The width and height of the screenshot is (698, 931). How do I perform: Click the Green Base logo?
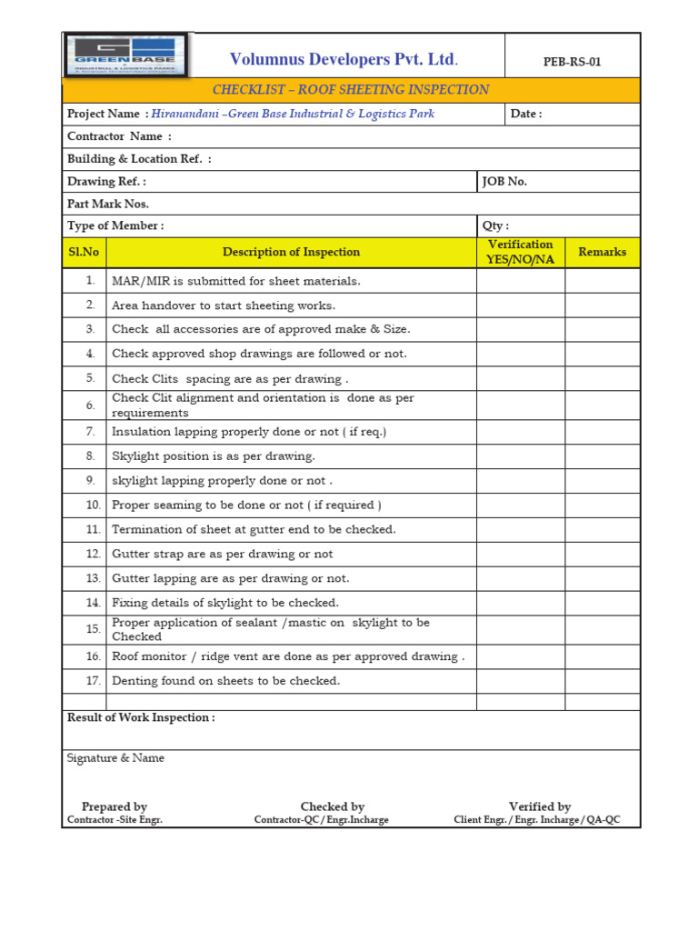(x=125, y=55)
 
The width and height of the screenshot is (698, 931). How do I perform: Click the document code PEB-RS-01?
(x=572, y=62)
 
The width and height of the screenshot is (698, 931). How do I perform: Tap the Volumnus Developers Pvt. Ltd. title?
(x=344, y=60)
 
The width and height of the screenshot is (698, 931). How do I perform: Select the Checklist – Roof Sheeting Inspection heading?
(x=351, y=90)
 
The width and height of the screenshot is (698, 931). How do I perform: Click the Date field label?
(x=526, y=114)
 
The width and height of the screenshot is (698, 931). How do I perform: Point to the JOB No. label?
(x=504, y=181)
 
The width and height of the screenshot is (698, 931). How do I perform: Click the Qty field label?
(x=495, y=225)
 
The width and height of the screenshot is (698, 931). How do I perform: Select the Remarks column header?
(x=602, y=252)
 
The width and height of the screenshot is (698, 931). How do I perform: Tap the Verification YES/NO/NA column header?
(x=520, y=252)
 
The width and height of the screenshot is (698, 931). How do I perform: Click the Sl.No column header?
(x=84, y=252)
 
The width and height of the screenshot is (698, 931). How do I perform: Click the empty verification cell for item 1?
(x=520, y=281)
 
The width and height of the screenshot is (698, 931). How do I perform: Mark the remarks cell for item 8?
(x=602, y=456)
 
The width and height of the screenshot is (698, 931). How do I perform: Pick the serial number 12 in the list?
(x=93, y=554)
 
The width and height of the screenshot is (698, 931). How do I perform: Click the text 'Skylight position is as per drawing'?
(x=214, y=456)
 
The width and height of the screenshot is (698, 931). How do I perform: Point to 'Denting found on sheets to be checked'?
(x=225, y=680)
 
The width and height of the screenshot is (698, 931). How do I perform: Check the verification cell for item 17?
(x=520, y=680)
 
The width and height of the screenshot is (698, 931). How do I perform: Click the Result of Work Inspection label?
(x=141, y=717)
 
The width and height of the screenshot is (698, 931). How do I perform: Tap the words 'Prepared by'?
(x=115, y=806)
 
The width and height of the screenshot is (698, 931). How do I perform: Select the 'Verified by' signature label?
(x=540, y=806)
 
